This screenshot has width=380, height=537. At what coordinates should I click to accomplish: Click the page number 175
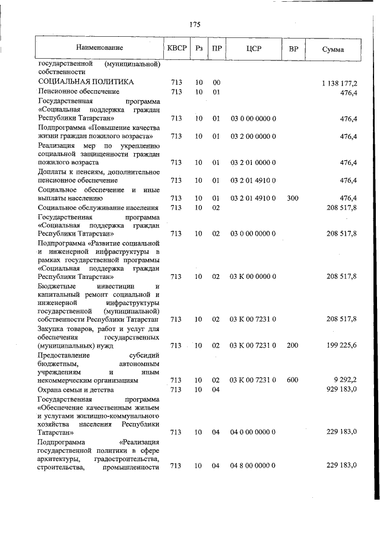pyautogui.click(x=195, y=24)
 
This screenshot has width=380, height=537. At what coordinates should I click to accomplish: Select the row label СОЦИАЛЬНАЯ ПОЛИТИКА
pyautogui.click(x=85, y=82)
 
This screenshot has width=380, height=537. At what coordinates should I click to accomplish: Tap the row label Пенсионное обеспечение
pyautogui.click(x=78, y=92)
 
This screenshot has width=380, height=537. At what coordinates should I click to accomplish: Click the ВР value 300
pyautogui.click(x=292, y=198)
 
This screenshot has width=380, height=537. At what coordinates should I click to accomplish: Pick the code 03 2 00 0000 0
pyautogui.click(x=254, y=136)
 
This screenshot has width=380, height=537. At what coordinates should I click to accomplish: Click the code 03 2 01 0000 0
pyautogui.click(x=254, y=162)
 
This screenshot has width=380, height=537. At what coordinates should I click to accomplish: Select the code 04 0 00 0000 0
pyautogui.click(x=254, y=432)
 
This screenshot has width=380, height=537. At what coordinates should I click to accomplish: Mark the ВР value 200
pyautogui.click(x=292, y=345)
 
